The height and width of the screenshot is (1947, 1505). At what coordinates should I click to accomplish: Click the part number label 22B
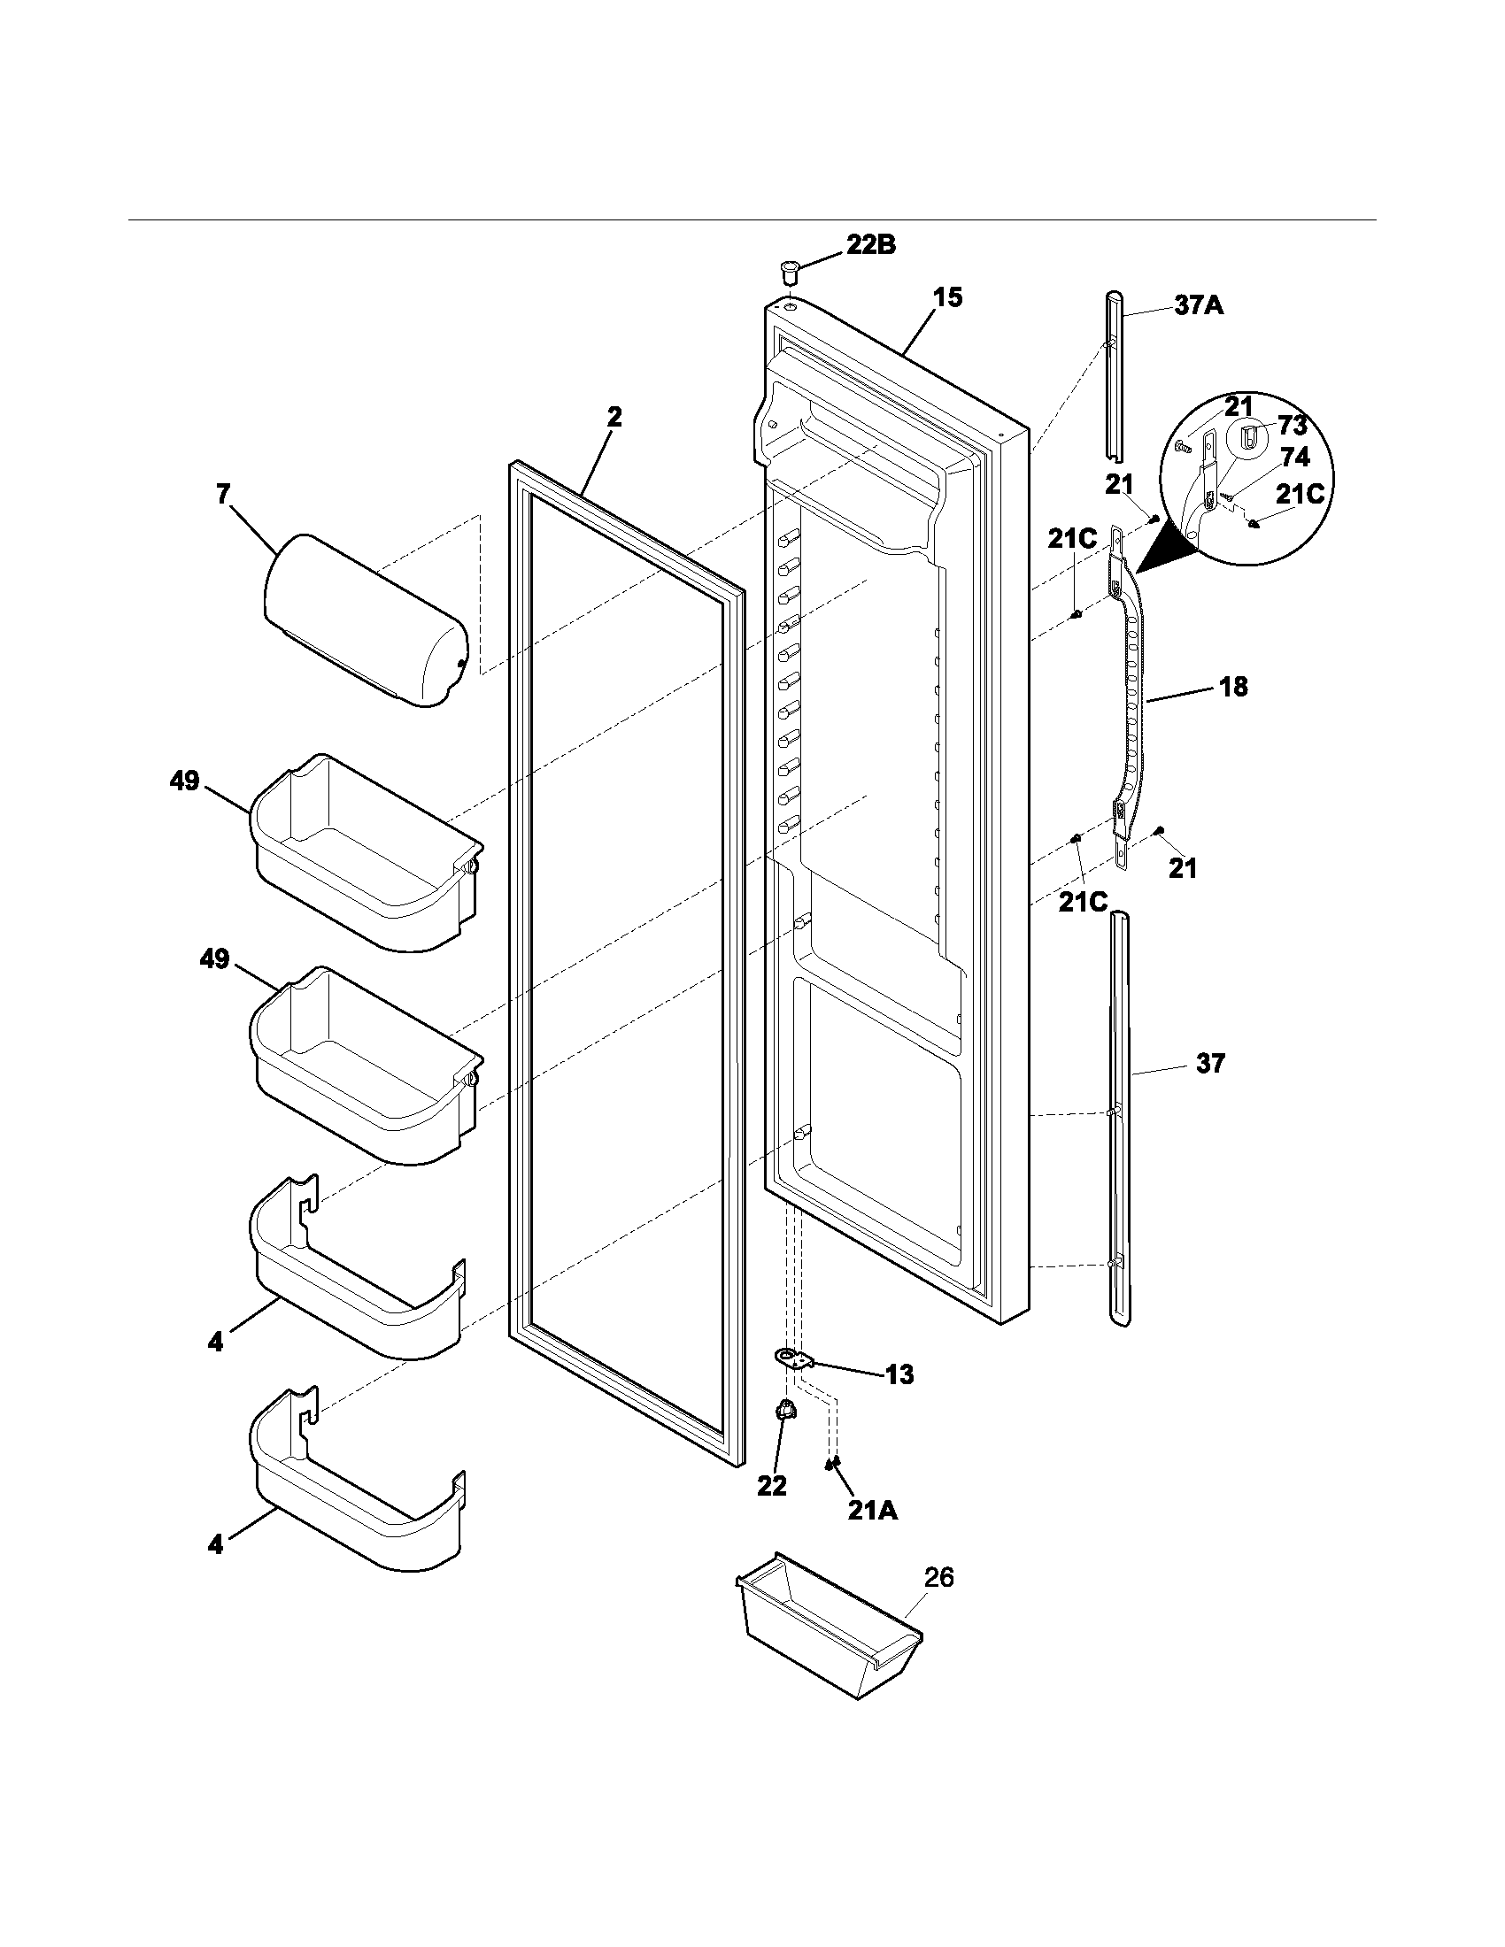click(870, 246)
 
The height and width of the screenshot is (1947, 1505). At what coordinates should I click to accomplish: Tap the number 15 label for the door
click(948, 297)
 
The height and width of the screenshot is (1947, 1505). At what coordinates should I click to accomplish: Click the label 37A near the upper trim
click(1199, 307)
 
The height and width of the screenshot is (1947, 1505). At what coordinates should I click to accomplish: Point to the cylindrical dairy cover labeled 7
click(366, 620)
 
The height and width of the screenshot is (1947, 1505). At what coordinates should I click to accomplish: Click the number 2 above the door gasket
click(614, 417)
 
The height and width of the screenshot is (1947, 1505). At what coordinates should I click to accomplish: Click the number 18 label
click(1233, 688)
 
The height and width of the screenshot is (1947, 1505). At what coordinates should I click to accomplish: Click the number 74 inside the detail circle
click(1294, 458)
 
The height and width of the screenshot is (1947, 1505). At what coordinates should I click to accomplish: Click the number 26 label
click(938, 1578)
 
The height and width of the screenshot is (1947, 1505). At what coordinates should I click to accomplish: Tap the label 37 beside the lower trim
click(1210, 1063)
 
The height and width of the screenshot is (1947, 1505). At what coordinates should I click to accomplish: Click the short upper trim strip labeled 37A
click(1114, 374)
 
